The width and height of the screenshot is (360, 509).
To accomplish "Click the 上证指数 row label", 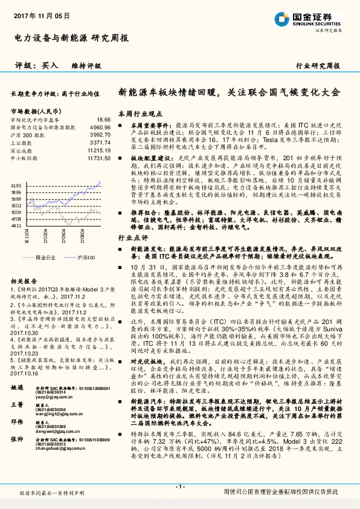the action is (x=22, y=143).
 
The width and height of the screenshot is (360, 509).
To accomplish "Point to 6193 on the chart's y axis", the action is (x=17, y=186).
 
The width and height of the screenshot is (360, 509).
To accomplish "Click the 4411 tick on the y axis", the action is (x=17, y=225).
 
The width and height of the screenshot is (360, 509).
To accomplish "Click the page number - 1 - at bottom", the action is (x=179, y=487).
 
